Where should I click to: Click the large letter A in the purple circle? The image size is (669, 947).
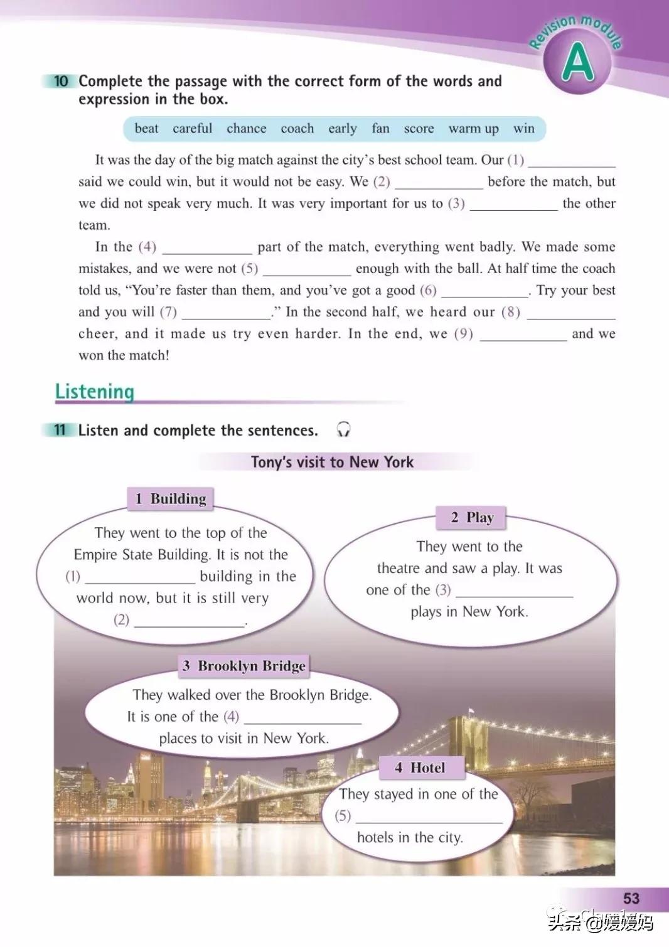coord(577,63)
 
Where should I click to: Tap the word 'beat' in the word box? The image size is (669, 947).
coord(146,129)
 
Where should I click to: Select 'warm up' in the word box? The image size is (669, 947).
coord(473,129)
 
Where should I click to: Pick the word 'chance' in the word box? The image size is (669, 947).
coord(246,129)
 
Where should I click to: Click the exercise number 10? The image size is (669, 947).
coord(60,81)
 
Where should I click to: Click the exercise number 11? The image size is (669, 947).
coord(60,431)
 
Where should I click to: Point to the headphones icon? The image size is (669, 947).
coord(343,429)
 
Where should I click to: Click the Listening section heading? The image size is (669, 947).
coord(95,392)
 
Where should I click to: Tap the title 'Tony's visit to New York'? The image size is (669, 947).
coord(332,463)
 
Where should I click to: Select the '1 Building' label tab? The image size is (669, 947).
coord(171,499)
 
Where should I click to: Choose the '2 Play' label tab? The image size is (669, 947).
coord(471,518)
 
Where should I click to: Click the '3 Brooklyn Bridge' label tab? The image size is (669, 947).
coord(244,666)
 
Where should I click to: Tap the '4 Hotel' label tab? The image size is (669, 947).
coord(421,768)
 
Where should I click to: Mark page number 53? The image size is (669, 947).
coord(631,899)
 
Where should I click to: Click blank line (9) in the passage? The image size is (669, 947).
coord(523,335)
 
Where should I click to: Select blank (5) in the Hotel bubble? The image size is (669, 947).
coord(429,816)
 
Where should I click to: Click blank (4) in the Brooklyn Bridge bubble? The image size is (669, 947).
coord(302,717)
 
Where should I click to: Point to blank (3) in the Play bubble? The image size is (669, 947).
coord(514,591)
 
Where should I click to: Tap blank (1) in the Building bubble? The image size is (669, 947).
coord(140,577)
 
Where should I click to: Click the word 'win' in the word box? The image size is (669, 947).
coord(523,129)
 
